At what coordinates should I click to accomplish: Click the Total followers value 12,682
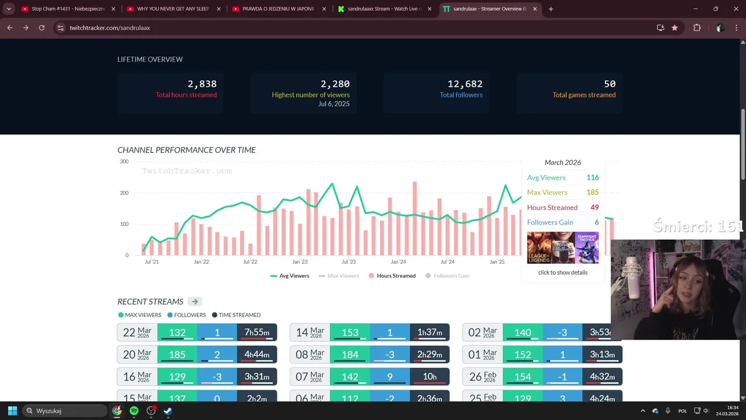coord(465,84)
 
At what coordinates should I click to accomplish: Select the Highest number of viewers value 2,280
coord(335,84)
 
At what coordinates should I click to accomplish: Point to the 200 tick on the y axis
coord(124,193)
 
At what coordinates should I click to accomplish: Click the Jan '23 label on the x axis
coord(300,262)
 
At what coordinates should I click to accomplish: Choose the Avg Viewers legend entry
coord(290,276)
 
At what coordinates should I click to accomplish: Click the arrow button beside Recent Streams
coord(195,302)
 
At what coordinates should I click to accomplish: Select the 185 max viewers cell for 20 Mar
coord(177,355)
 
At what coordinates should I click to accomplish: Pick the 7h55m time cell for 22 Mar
coord(256,332)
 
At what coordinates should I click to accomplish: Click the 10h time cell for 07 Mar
coord(430,377)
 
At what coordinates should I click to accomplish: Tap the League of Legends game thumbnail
coord(539,248)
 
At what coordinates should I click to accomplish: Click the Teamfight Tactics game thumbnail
coord(586,248)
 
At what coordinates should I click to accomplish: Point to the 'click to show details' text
coord(562,272)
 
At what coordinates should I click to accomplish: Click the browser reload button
coord(41,27)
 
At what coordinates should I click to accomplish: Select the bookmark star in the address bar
coord(674,27)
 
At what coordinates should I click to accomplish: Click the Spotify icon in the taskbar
coord(134,411)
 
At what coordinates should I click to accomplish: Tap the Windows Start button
coord(12,411)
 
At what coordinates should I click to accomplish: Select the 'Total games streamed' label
coord(583,95)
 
